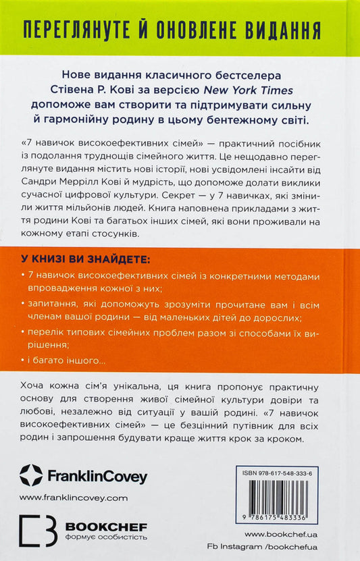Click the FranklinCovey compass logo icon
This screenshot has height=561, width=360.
30,475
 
